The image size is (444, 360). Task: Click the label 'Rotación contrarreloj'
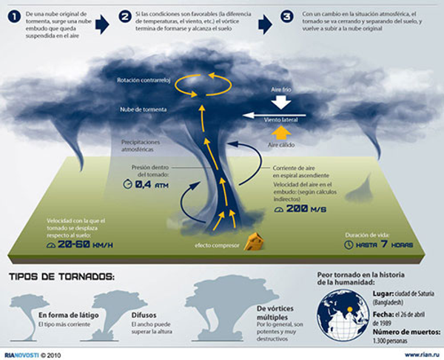(x=144, y=79)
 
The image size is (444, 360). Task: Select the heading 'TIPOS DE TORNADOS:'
(x=62, y=276)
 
